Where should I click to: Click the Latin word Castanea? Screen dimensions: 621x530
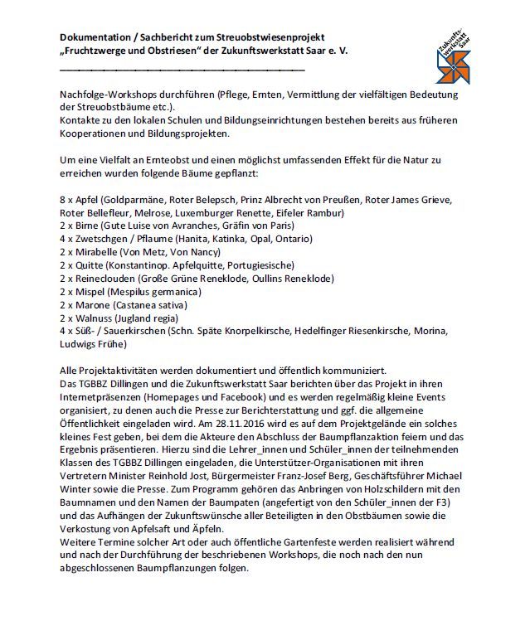(143, 305)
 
